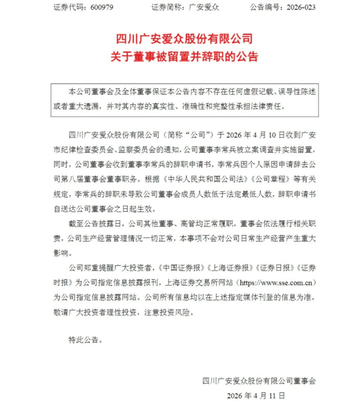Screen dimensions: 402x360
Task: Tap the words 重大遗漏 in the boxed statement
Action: tap(77, 106)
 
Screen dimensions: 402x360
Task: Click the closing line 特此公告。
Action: tap(85, 340)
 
